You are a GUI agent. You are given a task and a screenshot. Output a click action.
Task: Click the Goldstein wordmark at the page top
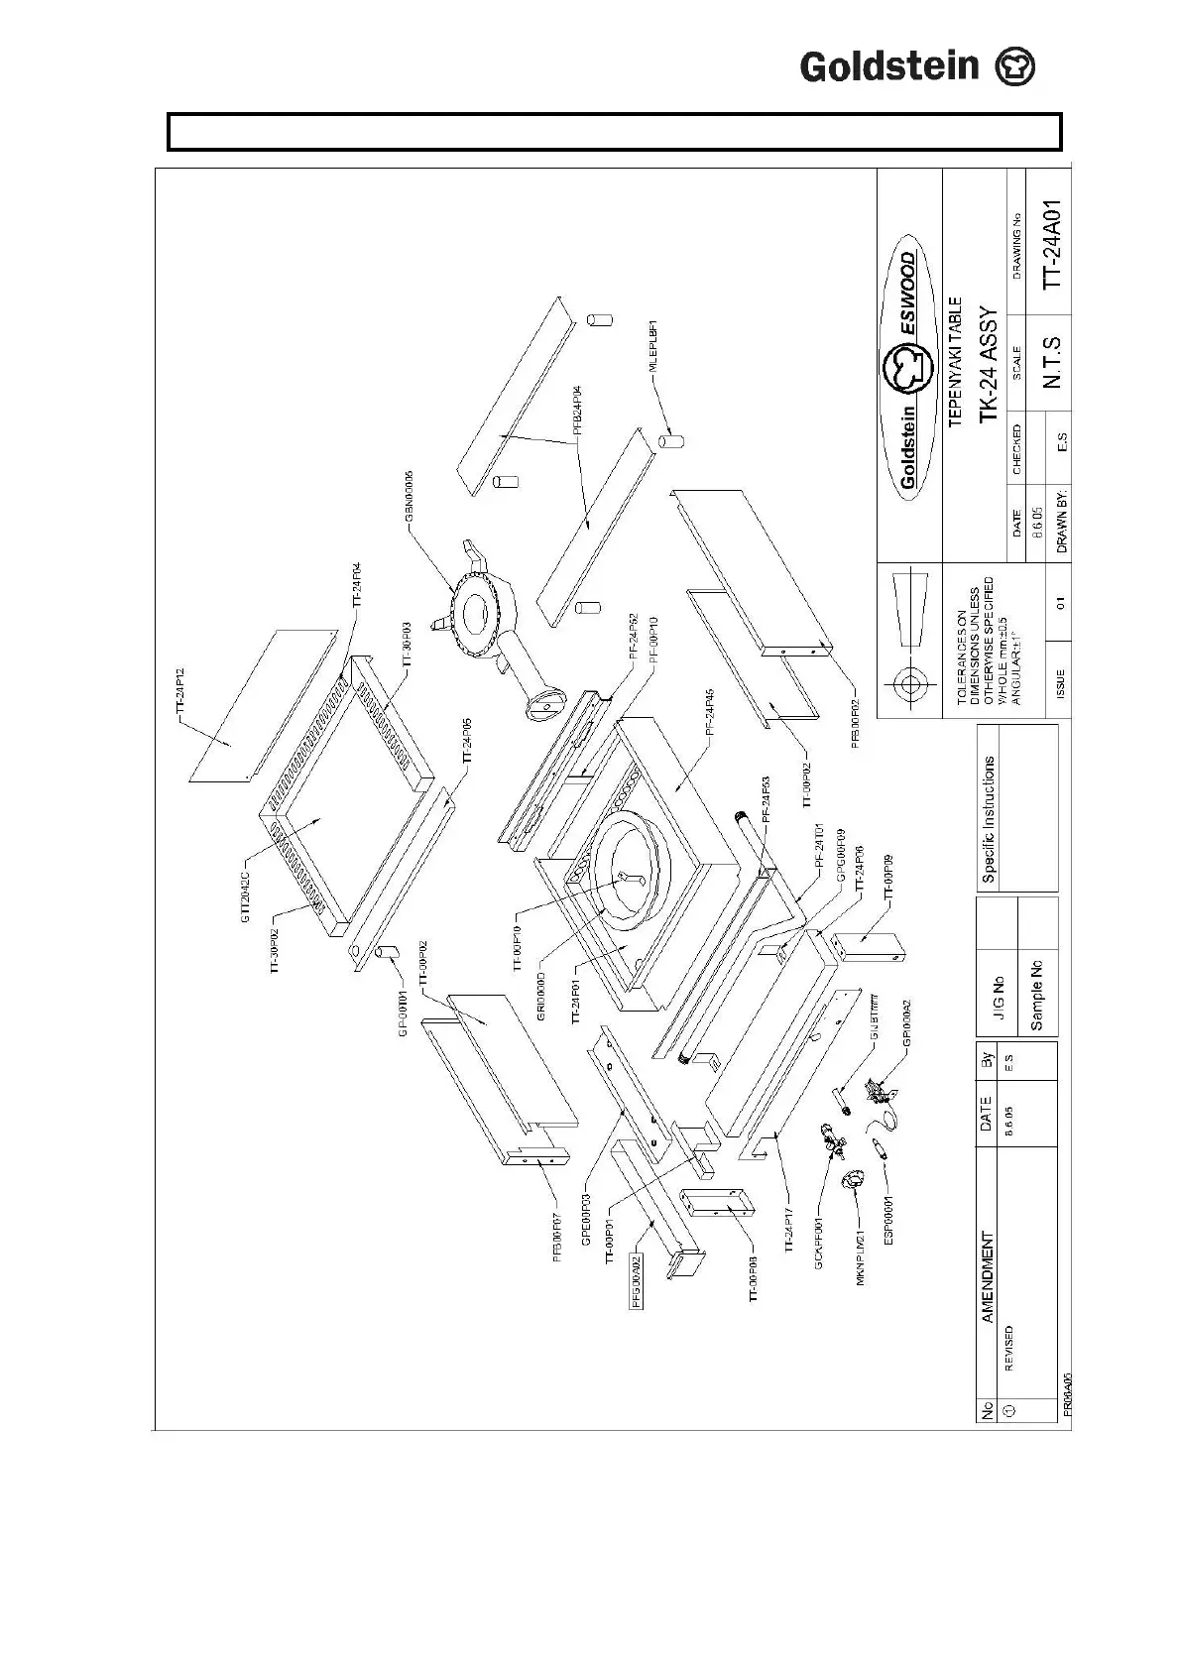(x=889, y=66)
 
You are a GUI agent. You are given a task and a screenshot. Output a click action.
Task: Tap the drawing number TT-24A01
(x=1052, y=243)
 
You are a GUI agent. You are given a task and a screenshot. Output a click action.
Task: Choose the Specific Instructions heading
(x=989, y=819)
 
